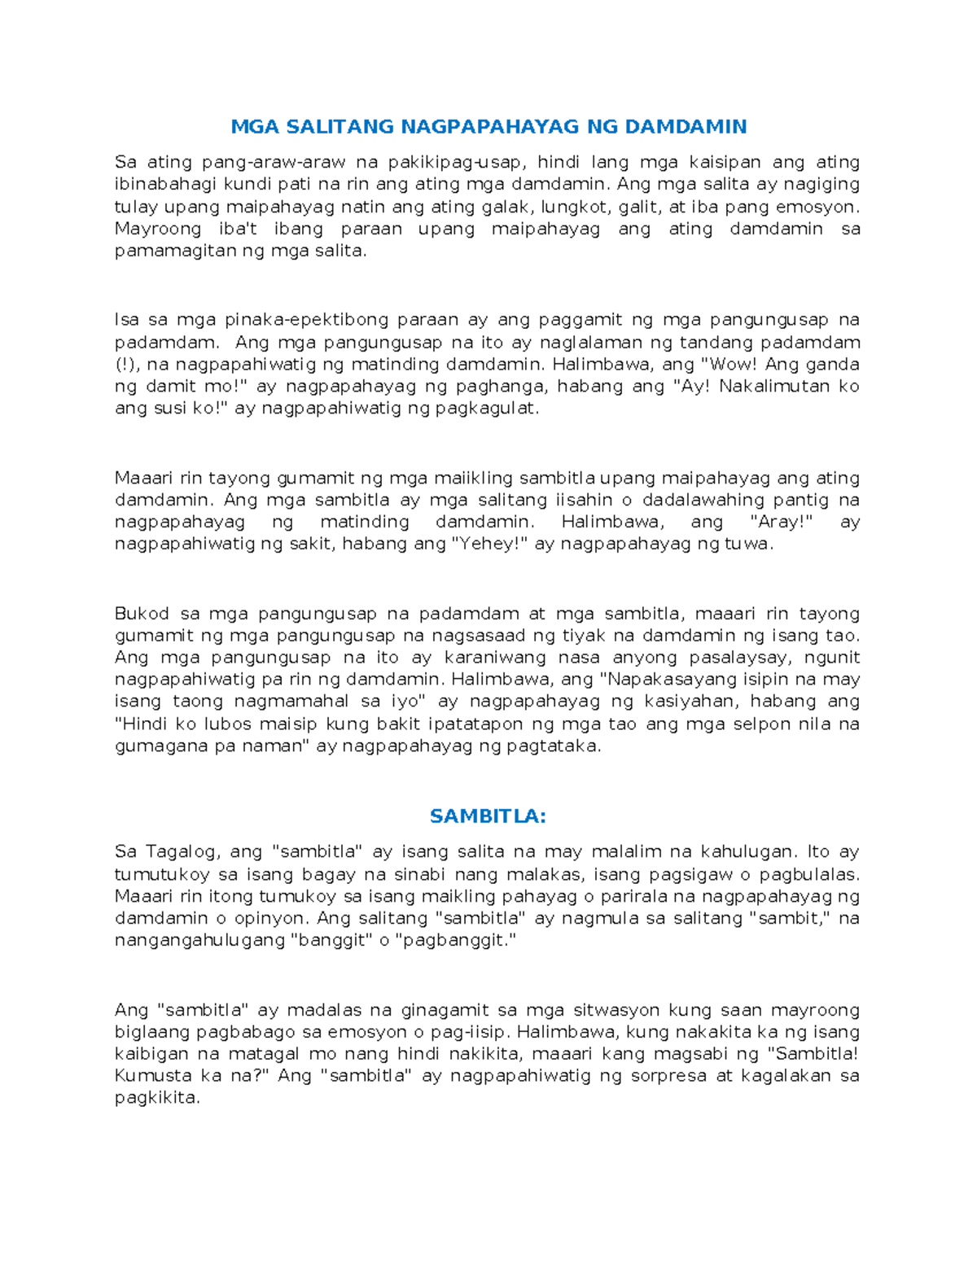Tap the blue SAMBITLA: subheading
point(488,816)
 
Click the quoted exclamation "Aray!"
point(780,522)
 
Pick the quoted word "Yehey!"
point(488,544)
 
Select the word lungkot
point(575,207)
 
